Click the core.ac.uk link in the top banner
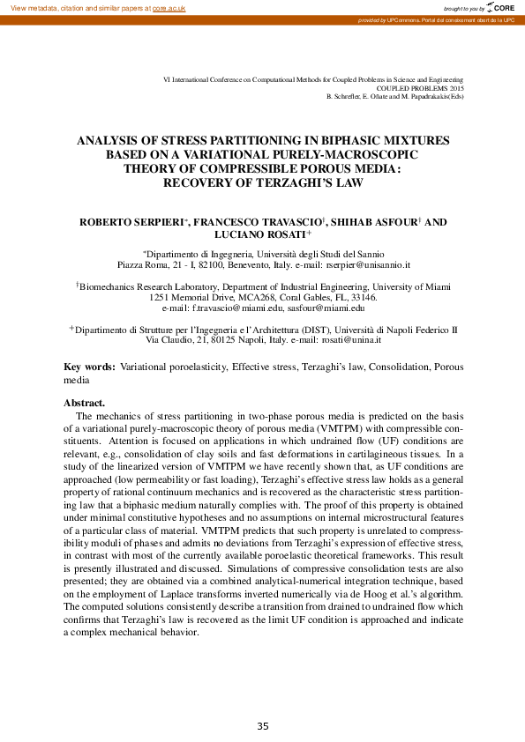tap(169, 7)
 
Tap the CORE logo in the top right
tap(503, 7)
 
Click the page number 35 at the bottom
tap(263, 726)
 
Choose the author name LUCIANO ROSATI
tap(261, 235)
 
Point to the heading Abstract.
tap(85, 402)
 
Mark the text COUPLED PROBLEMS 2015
tap(420, 88)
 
